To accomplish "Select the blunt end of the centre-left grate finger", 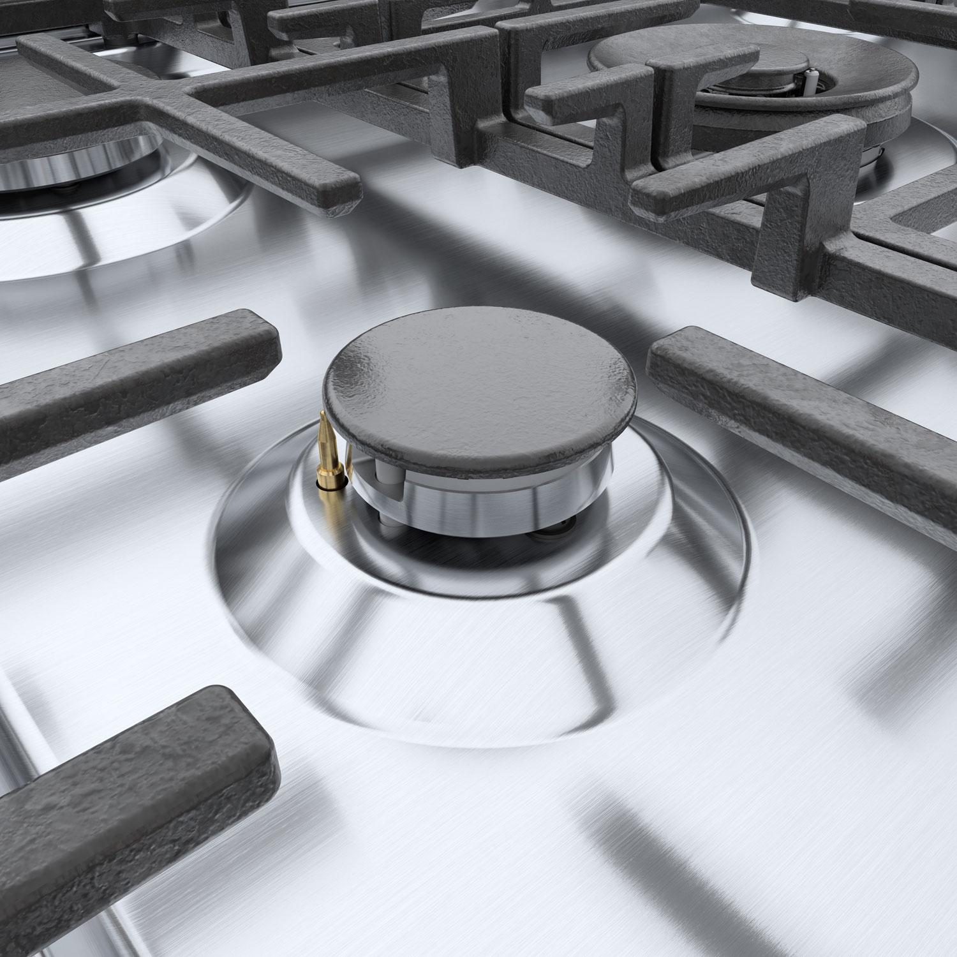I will coord(262,341).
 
